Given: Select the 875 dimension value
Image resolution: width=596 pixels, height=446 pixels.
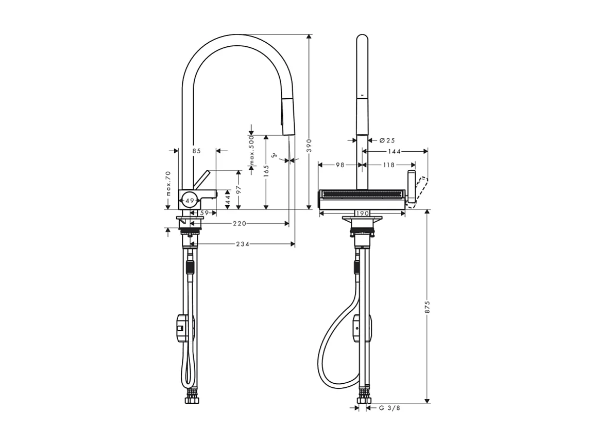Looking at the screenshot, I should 427,307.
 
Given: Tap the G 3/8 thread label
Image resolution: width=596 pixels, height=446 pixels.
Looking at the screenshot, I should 389,408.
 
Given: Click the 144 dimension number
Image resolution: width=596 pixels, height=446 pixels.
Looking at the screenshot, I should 395,151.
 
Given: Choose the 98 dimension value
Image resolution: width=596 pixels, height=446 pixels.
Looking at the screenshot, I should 339,165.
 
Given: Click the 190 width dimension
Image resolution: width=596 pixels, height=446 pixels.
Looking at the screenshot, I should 362,213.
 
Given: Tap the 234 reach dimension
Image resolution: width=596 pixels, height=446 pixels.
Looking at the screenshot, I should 243,244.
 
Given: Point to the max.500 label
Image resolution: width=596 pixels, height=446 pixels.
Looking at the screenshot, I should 252,150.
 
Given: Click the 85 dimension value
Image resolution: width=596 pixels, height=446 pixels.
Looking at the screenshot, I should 196,151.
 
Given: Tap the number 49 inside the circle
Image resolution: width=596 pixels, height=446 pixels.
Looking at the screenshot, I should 190,200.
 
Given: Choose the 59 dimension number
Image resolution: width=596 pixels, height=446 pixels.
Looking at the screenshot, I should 204,212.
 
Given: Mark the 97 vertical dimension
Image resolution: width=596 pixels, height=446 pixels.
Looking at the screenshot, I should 239,189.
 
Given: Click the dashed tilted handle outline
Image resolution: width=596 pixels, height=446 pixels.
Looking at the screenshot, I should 420,190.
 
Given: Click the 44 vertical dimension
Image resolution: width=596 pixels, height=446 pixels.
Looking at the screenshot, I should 228,200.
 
